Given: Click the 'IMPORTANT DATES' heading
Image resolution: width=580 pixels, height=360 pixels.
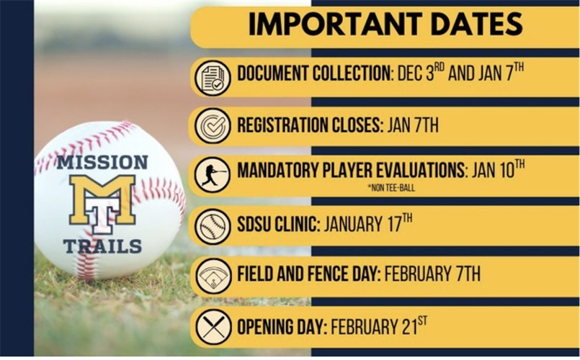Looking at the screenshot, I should pos(385,24).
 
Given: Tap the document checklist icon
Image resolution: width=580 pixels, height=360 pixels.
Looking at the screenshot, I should pos(213,77).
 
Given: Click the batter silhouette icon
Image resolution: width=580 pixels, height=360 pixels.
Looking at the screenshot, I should pos(213,175).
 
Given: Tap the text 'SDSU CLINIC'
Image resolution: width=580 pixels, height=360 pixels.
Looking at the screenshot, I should pos(277,224).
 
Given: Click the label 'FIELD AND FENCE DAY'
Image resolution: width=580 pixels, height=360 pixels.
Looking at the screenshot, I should pos(308,274).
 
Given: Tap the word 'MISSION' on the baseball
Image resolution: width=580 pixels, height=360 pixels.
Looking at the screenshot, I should pos(102,162).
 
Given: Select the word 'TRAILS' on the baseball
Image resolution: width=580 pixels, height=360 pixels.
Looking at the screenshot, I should pos(102,246).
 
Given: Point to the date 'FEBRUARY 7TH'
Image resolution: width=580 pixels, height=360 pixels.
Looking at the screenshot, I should pos(433,274).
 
